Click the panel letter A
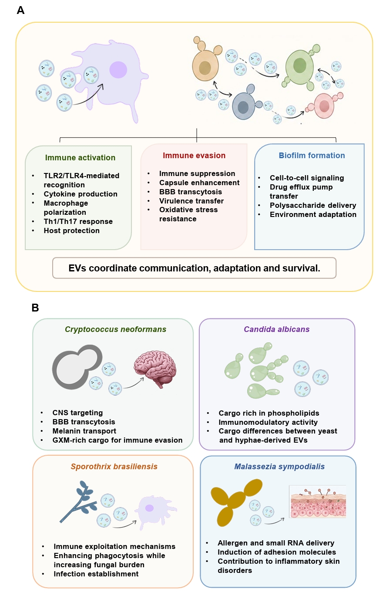tap(20, 10)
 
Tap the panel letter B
tap(35, 308)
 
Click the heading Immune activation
tap(80, 158)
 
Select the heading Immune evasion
tap(194, 156)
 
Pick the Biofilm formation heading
tap(312, 156)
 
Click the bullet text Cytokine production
tap(81, 194)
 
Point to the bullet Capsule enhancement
tap(199, 183)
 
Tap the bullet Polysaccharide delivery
tap(313, 205)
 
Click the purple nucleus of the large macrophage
tap(118, 70)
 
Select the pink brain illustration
tap(155, 369)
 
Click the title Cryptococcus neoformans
tap(116, 329)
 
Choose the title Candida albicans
tap(277, 329)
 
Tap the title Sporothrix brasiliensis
tap(114, 467)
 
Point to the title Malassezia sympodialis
tap(279, 467)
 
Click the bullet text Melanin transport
tap(84, 431)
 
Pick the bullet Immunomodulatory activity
tap(268, 422)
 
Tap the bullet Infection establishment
tap(96, 574)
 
